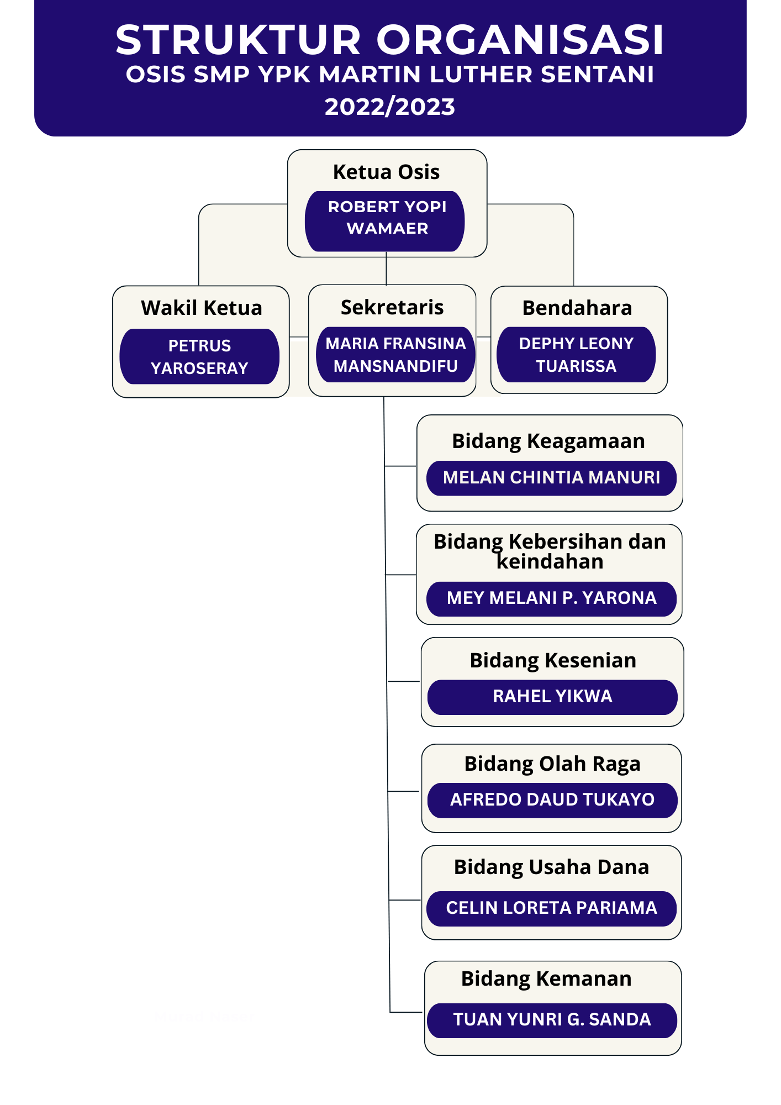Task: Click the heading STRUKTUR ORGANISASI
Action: click(x=390, y=40)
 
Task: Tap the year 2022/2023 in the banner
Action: click(x=390, y=107)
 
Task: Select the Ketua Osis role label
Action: click(x=386, y=172)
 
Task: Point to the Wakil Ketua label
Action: click(x=202, y=308)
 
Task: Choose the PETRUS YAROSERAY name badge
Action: click(x=199, y=356)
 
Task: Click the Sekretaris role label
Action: click(x=392, y=307)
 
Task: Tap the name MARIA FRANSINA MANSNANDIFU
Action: click(x=395, y=355)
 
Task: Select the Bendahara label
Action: click(x=577, y=308)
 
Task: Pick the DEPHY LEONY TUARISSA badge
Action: click(x=576, y=355)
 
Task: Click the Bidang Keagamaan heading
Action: click(x=548, y=441)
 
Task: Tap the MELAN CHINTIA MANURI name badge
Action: click(x=551, y=478)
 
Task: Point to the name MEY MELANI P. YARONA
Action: click(x=551, y=598)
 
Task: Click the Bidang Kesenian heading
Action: click(x=553, y=661)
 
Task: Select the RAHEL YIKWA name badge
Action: click(x=552, y=697)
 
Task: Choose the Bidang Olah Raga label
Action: click(x=552, y=764)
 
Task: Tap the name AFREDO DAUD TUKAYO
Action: click(x=552, y=800)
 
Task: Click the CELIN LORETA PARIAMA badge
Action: click(x=551, y=908)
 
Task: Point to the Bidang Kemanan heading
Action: click(x=546, y=979)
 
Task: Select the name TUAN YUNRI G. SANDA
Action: click(x=552, y=1020)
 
